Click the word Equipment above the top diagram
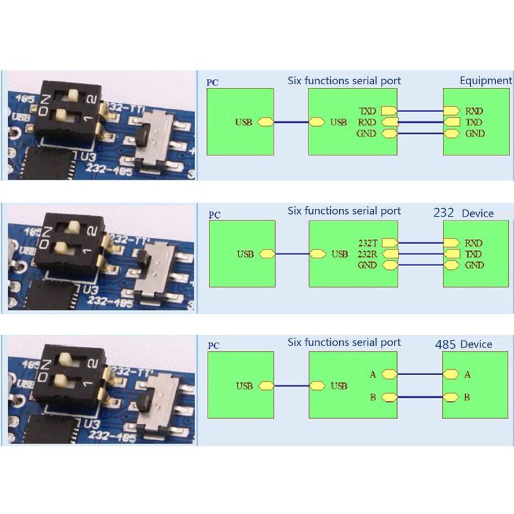pos(486,80)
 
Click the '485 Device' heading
pos(463,344)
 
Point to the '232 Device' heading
pos(463,213)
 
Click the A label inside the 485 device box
pos(467,375)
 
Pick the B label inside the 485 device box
pos(467,397)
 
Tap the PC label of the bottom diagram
pos(213,346)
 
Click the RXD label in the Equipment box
pos(474,111)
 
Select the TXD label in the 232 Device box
pos(474,254)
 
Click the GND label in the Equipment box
pos(475,134)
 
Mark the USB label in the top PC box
pos(245,122)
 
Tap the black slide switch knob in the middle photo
pos(145,258)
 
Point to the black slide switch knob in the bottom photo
pos(145,405)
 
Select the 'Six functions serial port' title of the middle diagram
pos(344,211)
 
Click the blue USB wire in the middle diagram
pos(292,254)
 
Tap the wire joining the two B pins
pos(420,398)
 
